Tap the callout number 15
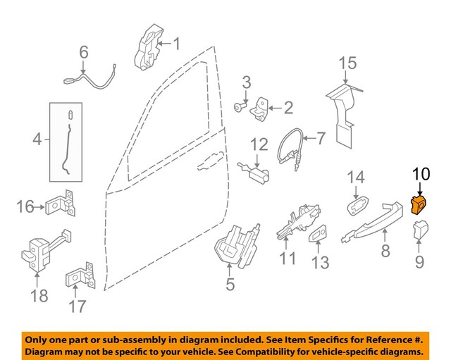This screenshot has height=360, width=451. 349,64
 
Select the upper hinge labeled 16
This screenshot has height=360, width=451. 61,205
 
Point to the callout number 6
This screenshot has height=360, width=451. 84,51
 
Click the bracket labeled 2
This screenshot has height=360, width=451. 266,106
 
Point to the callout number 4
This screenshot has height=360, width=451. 37,140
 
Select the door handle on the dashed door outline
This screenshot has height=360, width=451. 210,166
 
